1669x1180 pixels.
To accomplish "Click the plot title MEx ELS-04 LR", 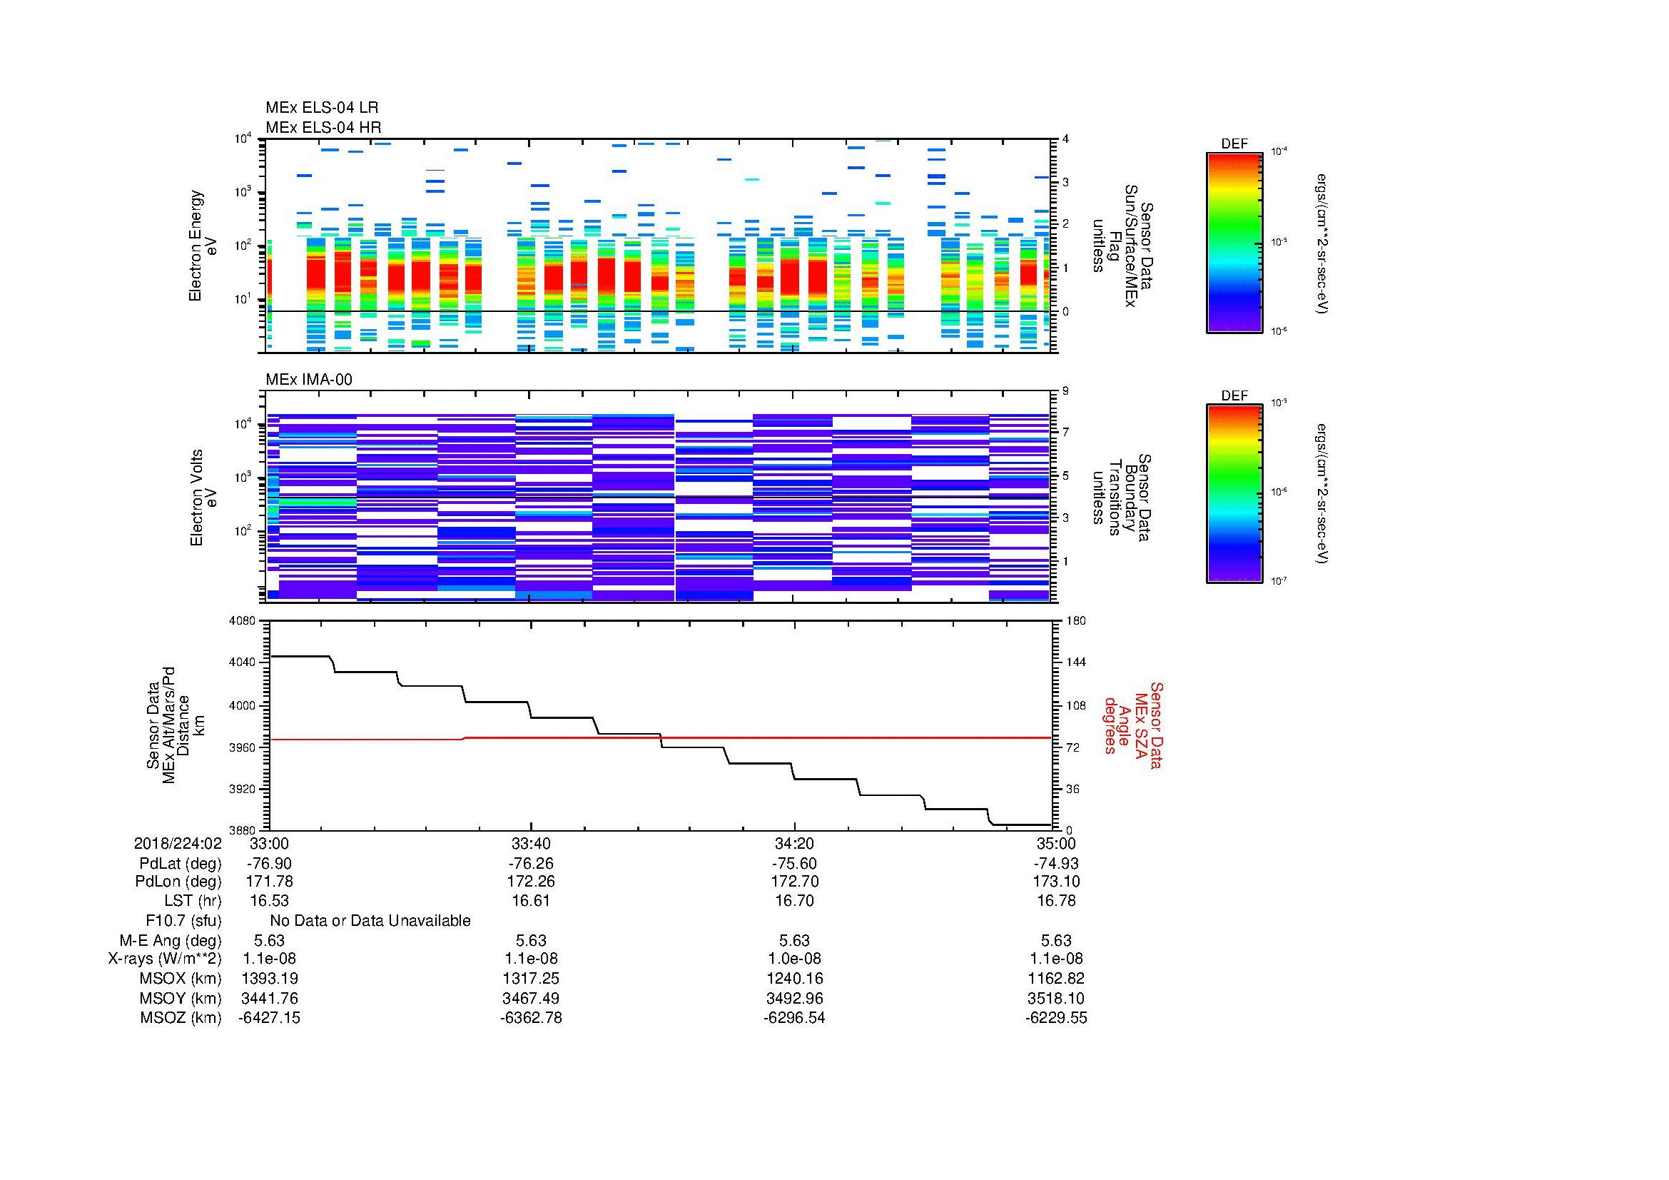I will pyautogui.click(x=321, y=108).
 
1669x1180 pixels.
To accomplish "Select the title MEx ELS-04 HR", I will pyautogui.click(x=323, y=127).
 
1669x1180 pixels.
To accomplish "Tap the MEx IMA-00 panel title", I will pyautogui.click(x=308, y=380).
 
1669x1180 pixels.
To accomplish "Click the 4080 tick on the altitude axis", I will pyautogui.click(x=243, y=621).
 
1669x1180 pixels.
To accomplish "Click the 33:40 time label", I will pyautogui.click(x=531, y=844).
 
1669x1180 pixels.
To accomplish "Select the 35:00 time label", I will pyautogui.click(x=1055, y=844).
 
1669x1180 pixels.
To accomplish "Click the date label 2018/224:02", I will pyautogui.click(x=177, y=844).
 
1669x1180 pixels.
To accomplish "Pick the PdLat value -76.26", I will pyautogui.click(x=531, y=864).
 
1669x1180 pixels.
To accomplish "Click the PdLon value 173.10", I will pyautogui.click(x=1055, y=882).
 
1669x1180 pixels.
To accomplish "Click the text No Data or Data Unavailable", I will pyautogui.click(x=370, y=921).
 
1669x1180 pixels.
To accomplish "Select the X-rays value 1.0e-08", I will pyautogui.click(x=793, y=959).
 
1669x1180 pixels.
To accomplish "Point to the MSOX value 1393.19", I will pyautogui.click(x=269, y=979).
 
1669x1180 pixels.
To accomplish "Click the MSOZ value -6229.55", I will pyautogui.click(x=1055, y=1018).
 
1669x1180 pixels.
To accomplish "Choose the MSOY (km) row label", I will pyautogui.click(x=181, y=998).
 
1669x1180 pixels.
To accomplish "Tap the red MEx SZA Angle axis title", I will pyautogui.click(x=1133, y=725).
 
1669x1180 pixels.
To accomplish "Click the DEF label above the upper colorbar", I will pyautogui.click(x=1234, y=144).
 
